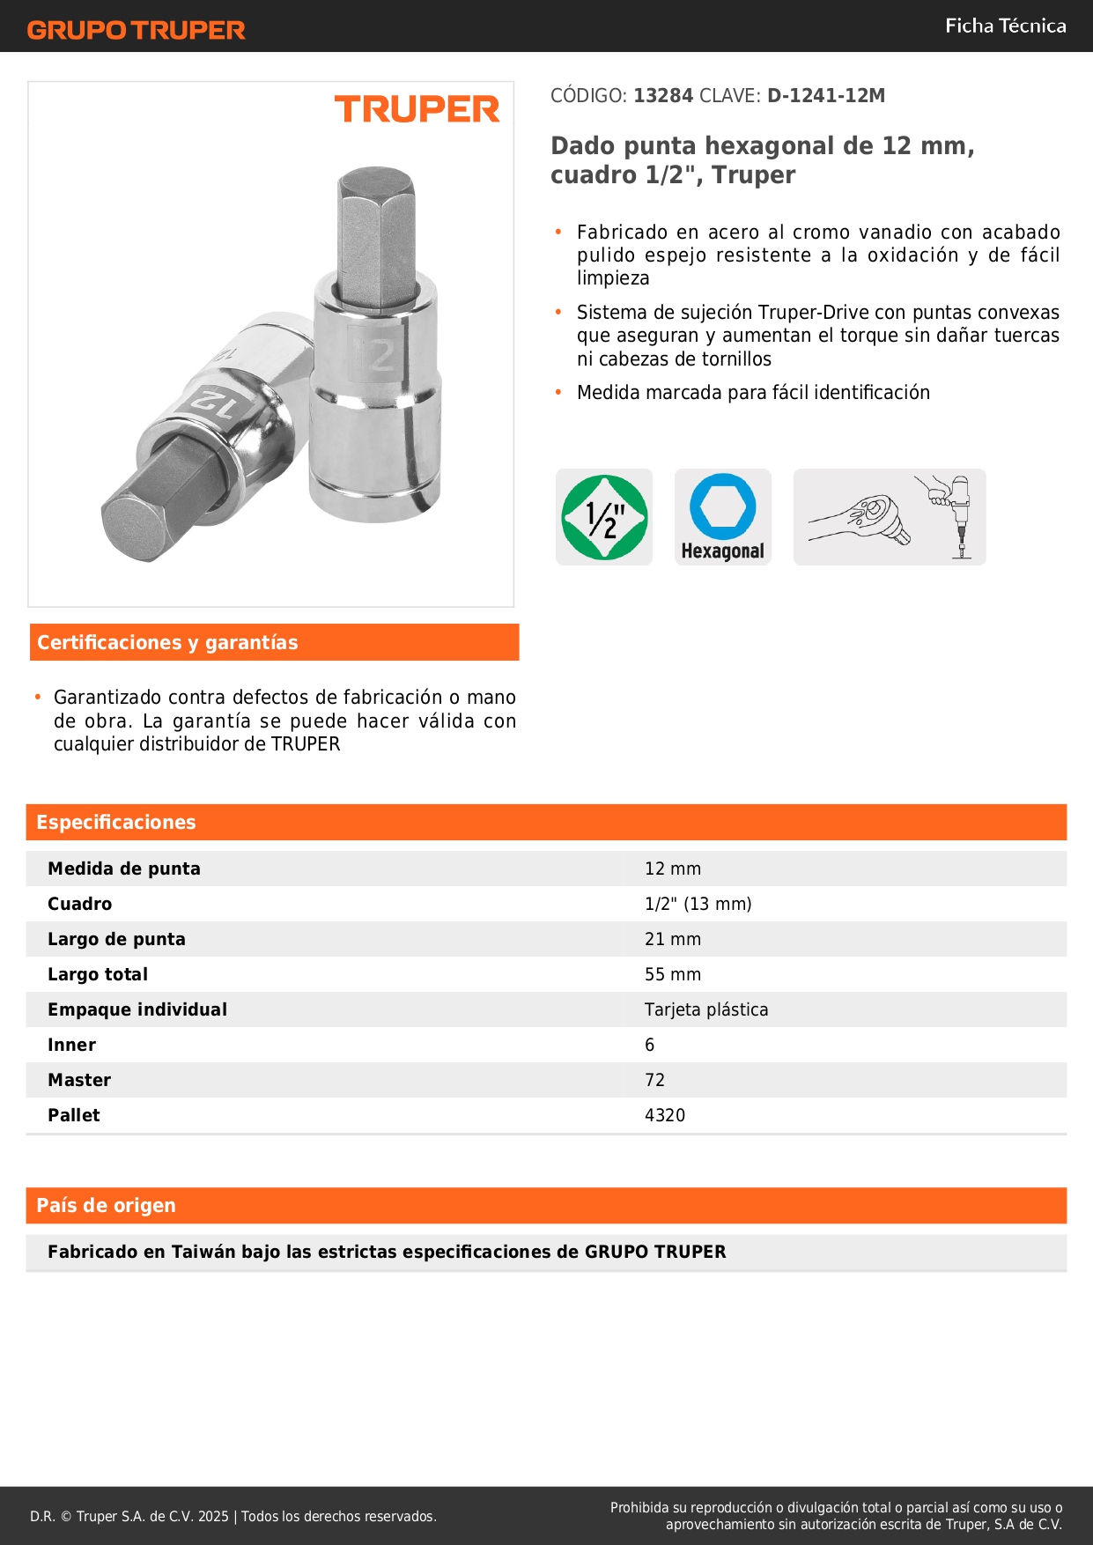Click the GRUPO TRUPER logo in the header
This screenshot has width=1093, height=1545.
click(x=136, y=30)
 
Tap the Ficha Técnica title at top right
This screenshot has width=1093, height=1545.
click(x=1005, y=26)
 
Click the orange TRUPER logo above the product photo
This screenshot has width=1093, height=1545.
click(x=417, y=109)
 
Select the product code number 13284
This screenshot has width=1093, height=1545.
click(x=663, y=96)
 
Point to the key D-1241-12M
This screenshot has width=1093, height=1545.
click(x=825, y=96)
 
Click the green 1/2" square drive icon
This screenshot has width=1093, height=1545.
click(x=604, y=517)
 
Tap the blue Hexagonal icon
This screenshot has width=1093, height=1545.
click(x=722, y=516)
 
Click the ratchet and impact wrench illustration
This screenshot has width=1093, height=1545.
click(x=890, y=517)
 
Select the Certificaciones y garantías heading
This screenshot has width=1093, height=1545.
click(x=167, y=643)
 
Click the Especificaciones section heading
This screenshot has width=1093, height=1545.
click(x=116, y=823)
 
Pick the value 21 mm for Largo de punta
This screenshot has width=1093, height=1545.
click(x=673, y=939)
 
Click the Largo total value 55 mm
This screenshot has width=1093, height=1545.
click(x=673, y=974)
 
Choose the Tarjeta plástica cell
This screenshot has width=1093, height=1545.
click(x=706, y=1009)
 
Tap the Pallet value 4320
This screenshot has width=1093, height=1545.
click(x=665, y=1115)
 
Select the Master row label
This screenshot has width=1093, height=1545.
click(x=79, y=1080)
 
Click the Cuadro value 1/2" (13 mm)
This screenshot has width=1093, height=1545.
click(x=698, y=904)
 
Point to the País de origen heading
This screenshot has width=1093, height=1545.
click(x=106, y=1206)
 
